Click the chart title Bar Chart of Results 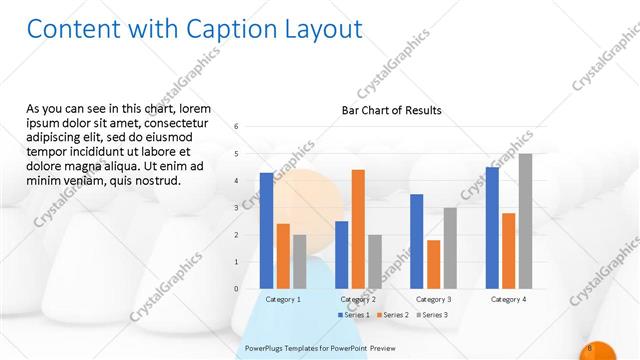point(391,110)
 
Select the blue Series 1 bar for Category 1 point(266,230)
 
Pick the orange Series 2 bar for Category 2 point(358,229)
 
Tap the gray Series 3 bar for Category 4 point(525,221)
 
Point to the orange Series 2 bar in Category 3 point(433,264)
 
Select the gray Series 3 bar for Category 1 point(300,261)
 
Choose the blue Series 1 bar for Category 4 point(492,227)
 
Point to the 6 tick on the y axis point(236,127)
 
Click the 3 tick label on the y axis point(236,208)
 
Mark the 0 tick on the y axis point(236,289)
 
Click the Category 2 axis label point(358,299)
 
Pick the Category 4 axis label point(508,299)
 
